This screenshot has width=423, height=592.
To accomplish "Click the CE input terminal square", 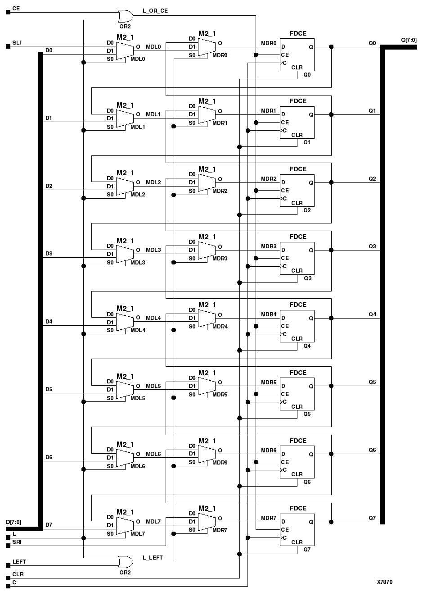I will click(8, 13).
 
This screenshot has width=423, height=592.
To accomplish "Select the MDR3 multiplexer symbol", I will click(207, 250).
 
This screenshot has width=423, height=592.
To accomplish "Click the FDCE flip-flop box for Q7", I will click(297, 530).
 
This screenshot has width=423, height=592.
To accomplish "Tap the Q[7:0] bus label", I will click(409, 40).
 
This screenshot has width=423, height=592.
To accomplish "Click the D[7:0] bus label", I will click(13, 522).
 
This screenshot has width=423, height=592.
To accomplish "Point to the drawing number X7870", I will click(385, 582).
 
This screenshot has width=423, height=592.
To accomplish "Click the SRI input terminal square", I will click(8, 546).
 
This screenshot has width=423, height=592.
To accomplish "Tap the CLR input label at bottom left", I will click(18, 574).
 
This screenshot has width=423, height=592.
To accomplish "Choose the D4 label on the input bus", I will click(49, 321).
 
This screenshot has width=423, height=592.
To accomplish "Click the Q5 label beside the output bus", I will click(372, 382).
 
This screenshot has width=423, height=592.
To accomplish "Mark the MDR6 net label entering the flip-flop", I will click(269, 451).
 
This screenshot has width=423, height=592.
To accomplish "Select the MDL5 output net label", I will click(153, 386).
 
